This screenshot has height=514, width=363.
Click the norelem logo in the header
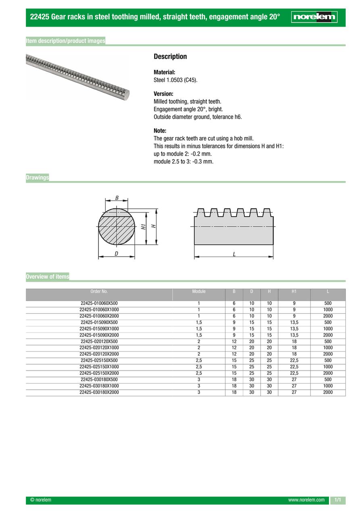pos(314,17)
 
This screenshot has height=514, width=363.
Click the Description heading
pos(170,57)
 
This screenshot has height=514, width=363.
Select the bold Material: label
pos(164,72)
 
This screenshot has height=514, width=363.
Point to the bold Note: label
pos(160,131)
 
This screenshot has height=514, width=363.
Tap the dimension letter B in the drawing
pos(117,198)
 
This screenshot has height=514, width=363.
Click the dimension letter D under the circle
pos(116,254)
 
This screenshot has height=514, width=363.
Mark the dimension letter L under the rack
pos(234,254)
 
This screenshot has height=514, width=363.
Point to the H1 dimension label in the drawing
pos(143,227)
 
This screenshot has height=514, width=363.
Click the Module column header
pos(199,291)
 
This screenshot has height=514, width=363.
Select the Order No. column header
pos(99,291)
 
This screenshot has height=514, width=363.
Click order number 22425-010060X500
pos(99,303)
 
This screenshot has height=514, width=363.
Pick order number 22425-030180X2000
pos(99,392)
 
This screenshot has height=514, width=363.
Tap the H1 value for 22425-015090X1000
pos(294,329)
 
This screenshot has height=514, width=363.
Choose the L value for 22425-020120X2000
pos(328,354)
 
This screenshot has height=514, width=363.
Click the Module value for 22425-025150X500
pos(199,360)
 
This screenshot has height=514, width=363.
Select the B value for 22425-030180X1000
pos(234,386)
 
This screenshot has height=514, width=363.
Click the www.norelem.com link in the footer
pos(306,500)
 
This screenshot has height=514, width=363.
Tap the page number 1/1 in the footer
pos(338,500)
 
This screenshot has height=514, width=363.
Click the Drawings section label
pos(37,177)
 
